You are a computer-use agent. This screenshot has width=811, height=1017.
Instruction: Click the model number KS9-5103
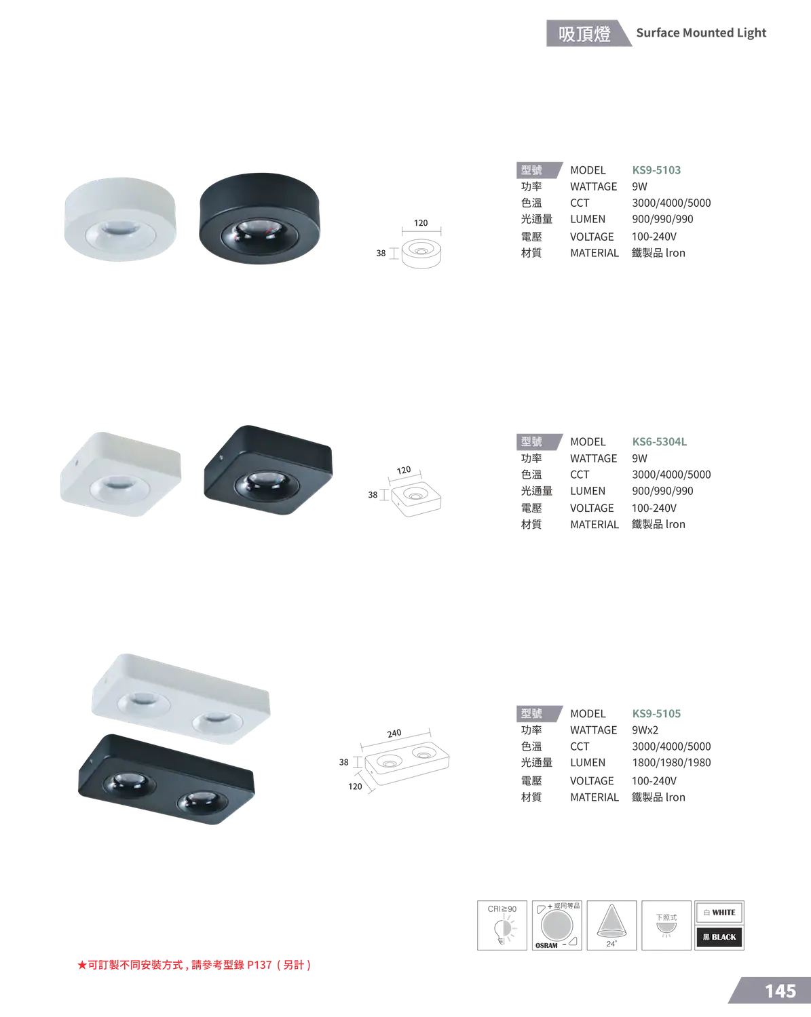pos(656,170)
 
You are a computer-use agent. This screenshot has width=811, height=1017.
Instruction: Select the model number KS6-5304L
pos(659,442)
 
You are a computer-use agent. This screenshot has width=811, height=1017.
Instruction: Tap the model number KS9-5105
pos(656,714)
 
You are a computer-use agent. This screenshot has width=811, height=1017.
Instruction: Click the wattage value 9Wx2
pos(645,730)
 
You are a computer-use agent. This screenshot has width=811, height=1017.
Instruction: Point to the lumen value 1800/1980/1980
pos(671,763)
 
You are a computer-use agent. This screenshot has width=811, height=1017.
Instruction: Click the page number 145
pos(780,991)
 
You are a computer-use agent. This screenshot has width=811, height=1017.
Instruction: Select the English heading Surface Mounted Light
pos(701,33)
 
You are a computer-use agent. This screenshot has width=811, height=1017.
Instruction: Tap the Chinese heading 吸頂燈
pos(584,34)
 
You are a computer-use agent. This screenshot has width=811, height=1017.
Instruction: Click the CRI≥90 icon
pos(502,925)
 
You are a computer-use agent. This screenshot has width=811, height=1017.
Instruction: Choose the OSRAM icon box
pos(557,925)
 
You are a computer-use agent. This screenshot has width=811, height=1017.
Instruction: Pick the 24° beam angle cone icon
pos(611,925)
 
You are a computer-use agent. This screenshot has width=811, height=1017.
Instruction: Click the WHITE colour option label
pos(719,913)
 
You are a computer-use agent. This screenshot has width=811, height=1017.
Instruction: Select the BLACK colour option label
pos(719,937)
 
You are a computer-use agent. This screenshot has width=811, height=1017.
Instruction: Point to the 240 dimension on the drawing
pos(394,734)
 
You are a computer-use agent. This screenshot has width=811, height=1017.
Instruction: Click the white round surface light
pos(120,219)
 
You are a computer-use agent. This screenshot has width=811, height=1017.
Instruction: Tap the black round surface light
pos(259,218)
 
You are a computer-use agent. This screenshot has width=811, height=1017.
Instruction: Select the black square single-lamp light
pos(268,471)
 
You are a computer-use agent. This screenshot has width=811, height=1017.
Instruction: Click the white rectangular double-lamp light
pos(181,700)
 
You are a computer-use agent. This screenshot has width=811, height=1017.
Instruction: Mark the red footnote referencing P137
pos(195,965)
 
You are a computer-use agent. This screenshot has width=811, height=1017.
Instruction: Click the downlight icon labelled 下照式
pos(666,925)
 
